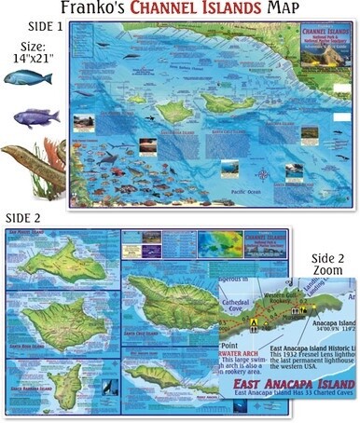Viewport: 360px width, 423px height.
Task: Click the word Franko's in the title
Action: point(92,10)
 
